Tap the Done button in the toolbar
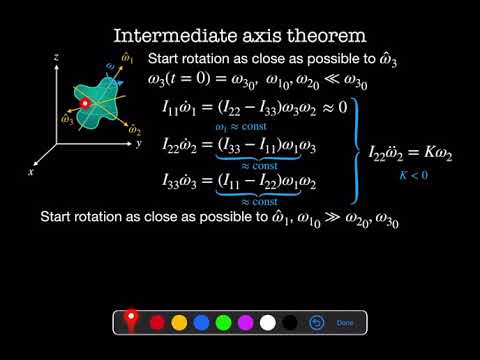pos(345,323)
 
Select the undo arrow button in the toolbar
pos(315,323)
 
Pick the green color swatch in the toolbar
pos(223,323)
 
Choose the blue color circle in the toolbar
pos(201,323)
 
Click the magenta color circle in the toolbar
pos(245,323)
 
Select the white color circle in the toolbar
pos(267,323)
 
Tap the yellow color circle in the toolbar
pos(179,323)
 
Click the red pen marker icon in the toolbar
pos(131,321)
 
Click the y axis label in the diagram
pos(140,143)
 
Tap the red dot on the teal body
pos(86,103)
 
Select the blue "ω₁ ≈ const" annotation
pos(241,127)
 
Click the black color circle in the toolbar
pos(289,323)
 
